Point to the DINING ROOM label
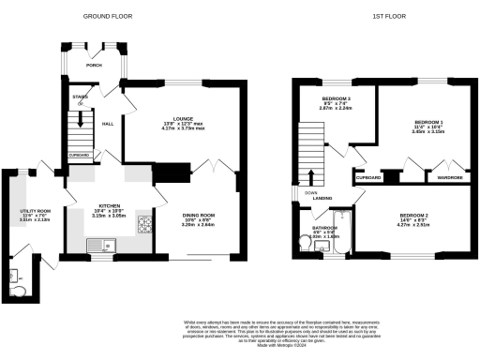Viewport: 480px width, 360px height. [198, 217]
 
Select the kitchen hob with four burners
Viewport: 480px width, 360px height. [144, 224]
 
